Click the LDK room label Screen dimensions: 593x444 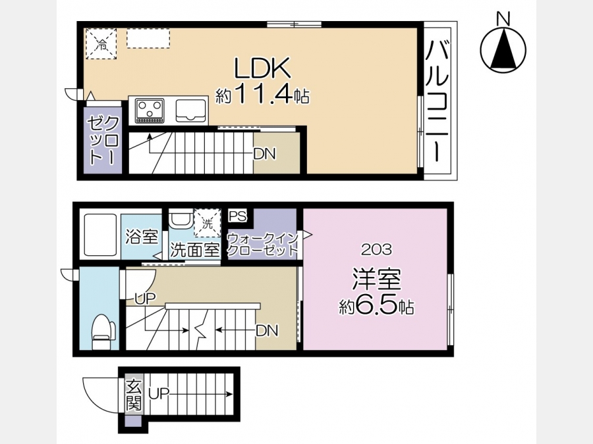point(262,68)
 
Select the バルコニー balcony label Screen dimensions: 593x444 point(438,101)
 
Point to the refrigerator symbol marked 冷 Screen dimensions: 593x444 point(101,44)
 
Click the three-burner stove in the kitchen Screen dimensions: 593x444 point(150,111)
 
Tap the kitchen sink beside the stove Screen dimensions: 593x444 point(190,111)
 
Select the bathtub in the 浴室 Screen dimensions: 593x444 point(100,234)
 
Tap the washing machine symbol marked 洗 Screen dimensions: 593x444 point(208,223)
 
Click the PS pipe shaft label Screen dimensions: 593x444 point(237,216)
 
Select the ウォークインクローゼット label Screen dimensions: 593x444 point(263,244)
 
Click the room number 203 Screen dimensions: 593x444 point(376,249)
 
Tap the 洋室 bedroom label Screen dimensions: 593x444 point(376,279)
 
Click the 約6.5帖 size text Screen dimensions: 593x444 point(376,307)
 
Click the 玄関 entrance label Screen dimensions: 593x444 point(134,395)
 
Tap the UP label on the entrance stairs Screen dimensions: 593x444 point(159,394)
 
